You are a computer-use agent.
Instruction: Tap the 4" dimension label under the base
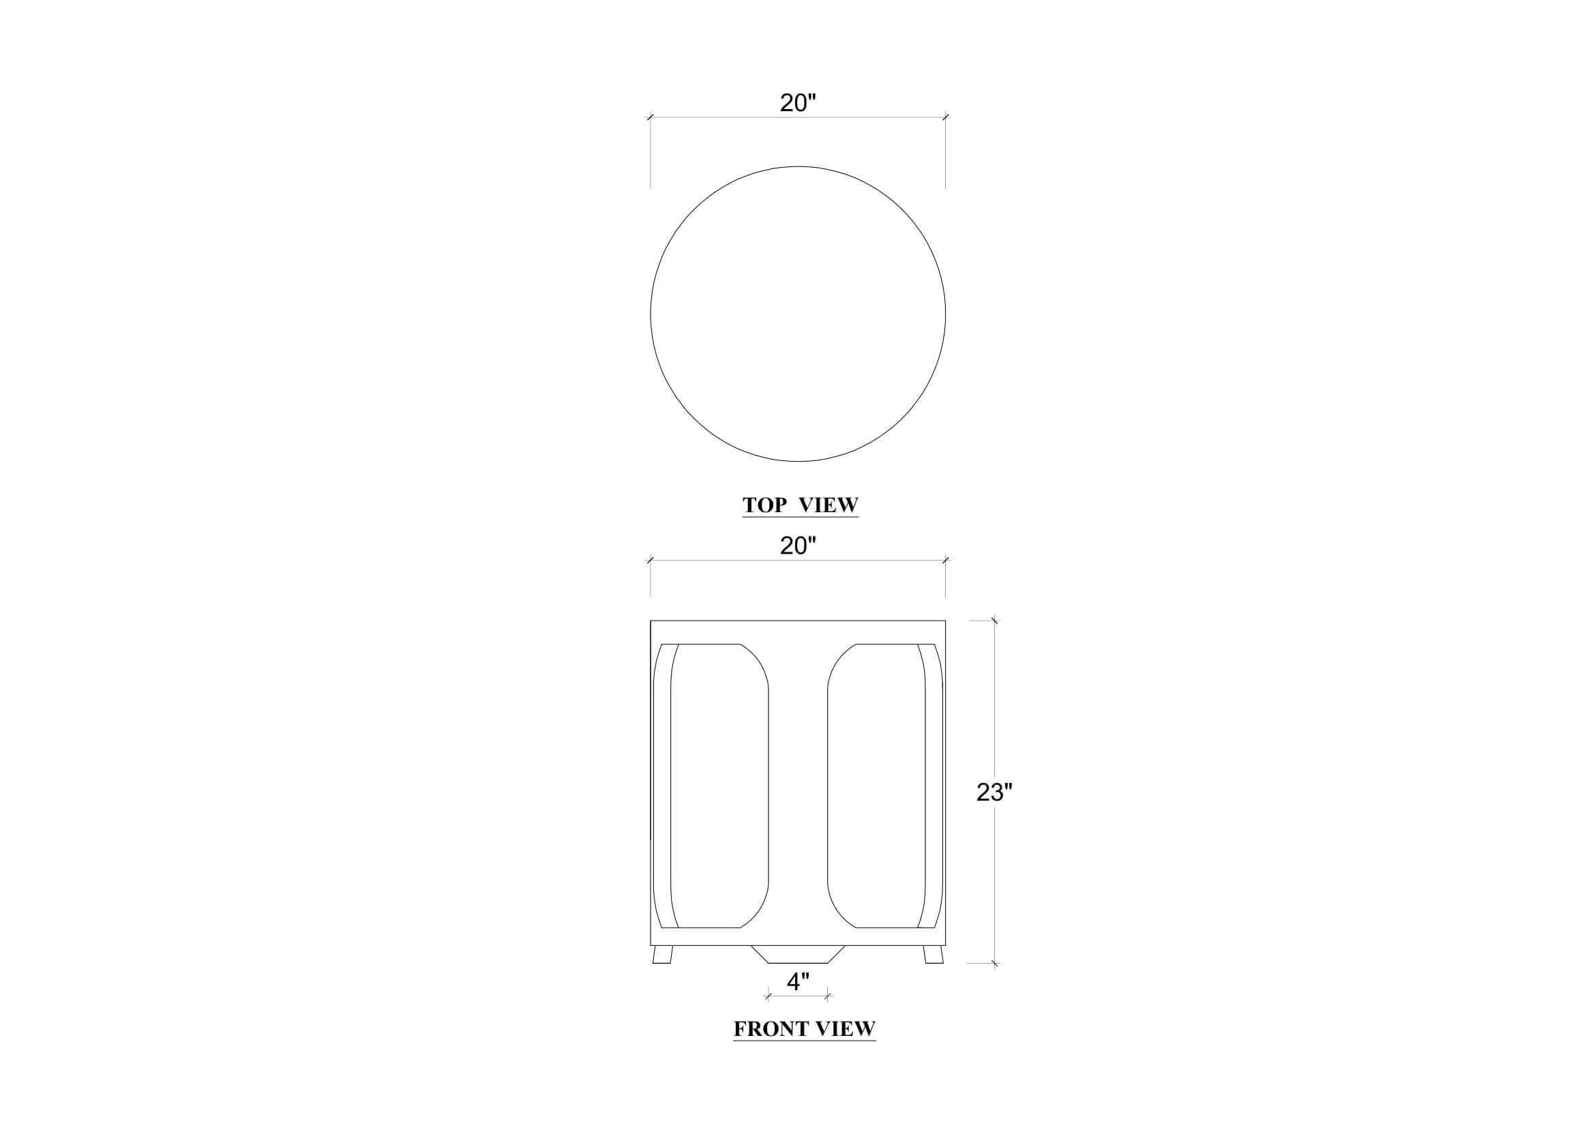pyautogui.click(x=799, y=981)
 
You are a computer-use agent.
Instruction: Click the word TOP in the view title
pyautogui.click(x=765, y=505)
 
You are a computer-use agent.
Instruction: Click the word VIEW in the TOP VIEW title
pyautogui.click(x=829, y=505)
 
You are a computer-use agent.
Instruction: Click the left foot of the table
pyautogui.click(x=664, y=954)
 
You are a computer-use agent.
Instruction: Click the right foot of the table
pyautogui.click(x=933, y=954)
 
